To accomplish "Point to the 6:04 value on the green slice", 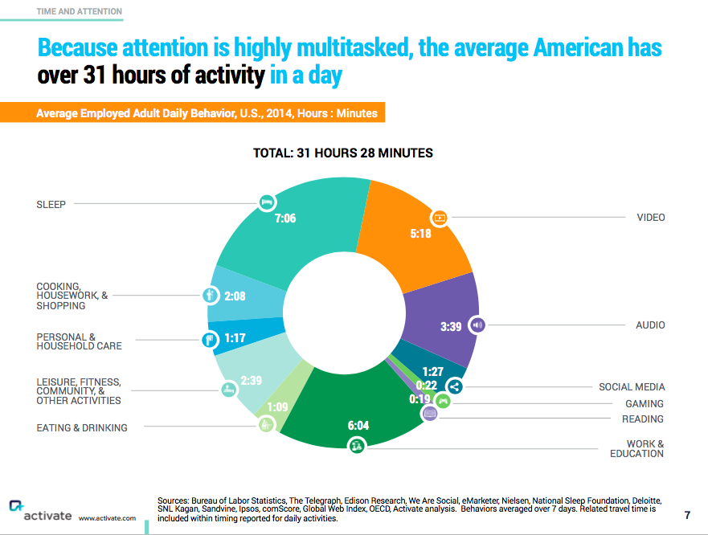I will point(358,425).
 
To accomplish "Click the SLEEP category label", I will point(51,204).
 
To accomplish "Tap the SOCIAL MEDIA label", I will point(632,386).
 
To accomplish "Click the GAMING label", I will point(645,403).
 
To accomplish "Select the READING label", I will point(643,419).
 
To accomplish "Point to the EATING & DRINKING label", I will point(82,427).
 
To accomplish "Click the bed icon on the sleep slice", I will point(267,202).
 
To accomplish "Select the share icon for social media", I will point(455,386).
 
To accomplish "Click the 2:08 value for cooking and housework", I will point(235,296).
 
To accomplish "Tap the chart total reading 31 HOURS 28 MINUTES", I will point(343,153).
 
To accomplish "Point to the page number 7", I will point(687,515).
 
